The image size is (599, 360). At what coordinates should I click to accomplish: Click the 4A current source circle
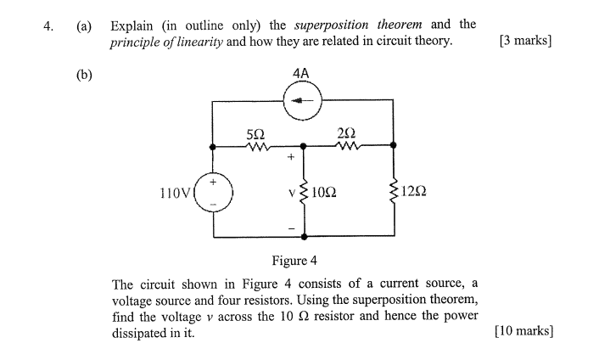[x=301, y=104]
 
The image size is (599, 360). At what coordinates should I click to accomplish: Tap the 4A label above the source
[x=301, y=75]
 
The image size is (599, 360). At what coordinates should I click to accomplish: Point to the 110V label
[x=175, y=193]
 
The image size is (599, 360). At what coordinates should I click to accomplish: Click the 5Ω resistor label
[x=255, y=133]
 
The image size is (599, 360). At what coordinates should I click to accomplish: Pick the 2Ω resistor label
[x=345, y=133]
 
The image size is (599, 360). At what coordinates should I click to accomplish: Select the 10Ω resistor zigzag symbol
[x=303, y=192]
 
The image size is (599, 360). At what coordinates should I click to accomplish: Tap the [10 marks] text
[x=523, y=332]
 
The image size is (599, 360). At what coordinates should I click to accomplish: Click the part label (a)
[x=84, y=25]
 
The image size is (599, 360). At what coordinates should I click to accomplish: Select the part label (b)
[x=84, y=74]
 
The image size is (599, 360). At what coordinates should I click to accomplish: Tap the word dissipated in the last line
[x=143, y=333]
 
